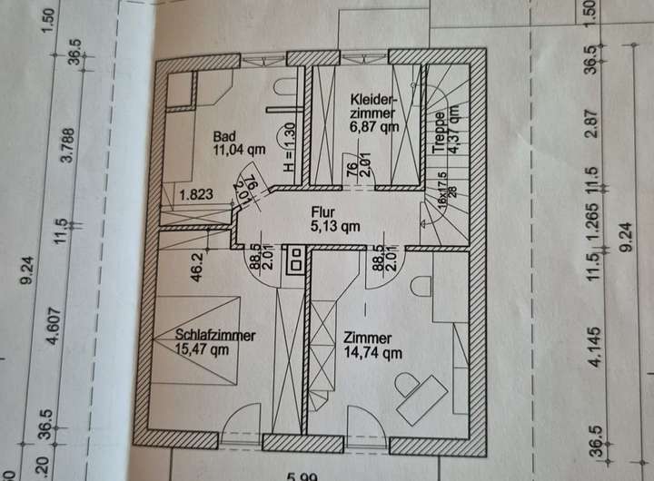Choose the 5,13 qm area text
[x=335, y=228]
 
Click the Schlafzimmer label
[x=214, y=335]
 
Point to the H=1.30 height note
[x=290, y=148]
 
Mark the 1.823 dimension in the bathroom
[x=198, y=193]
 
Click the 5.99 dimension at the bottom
[x=303, y=475]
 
